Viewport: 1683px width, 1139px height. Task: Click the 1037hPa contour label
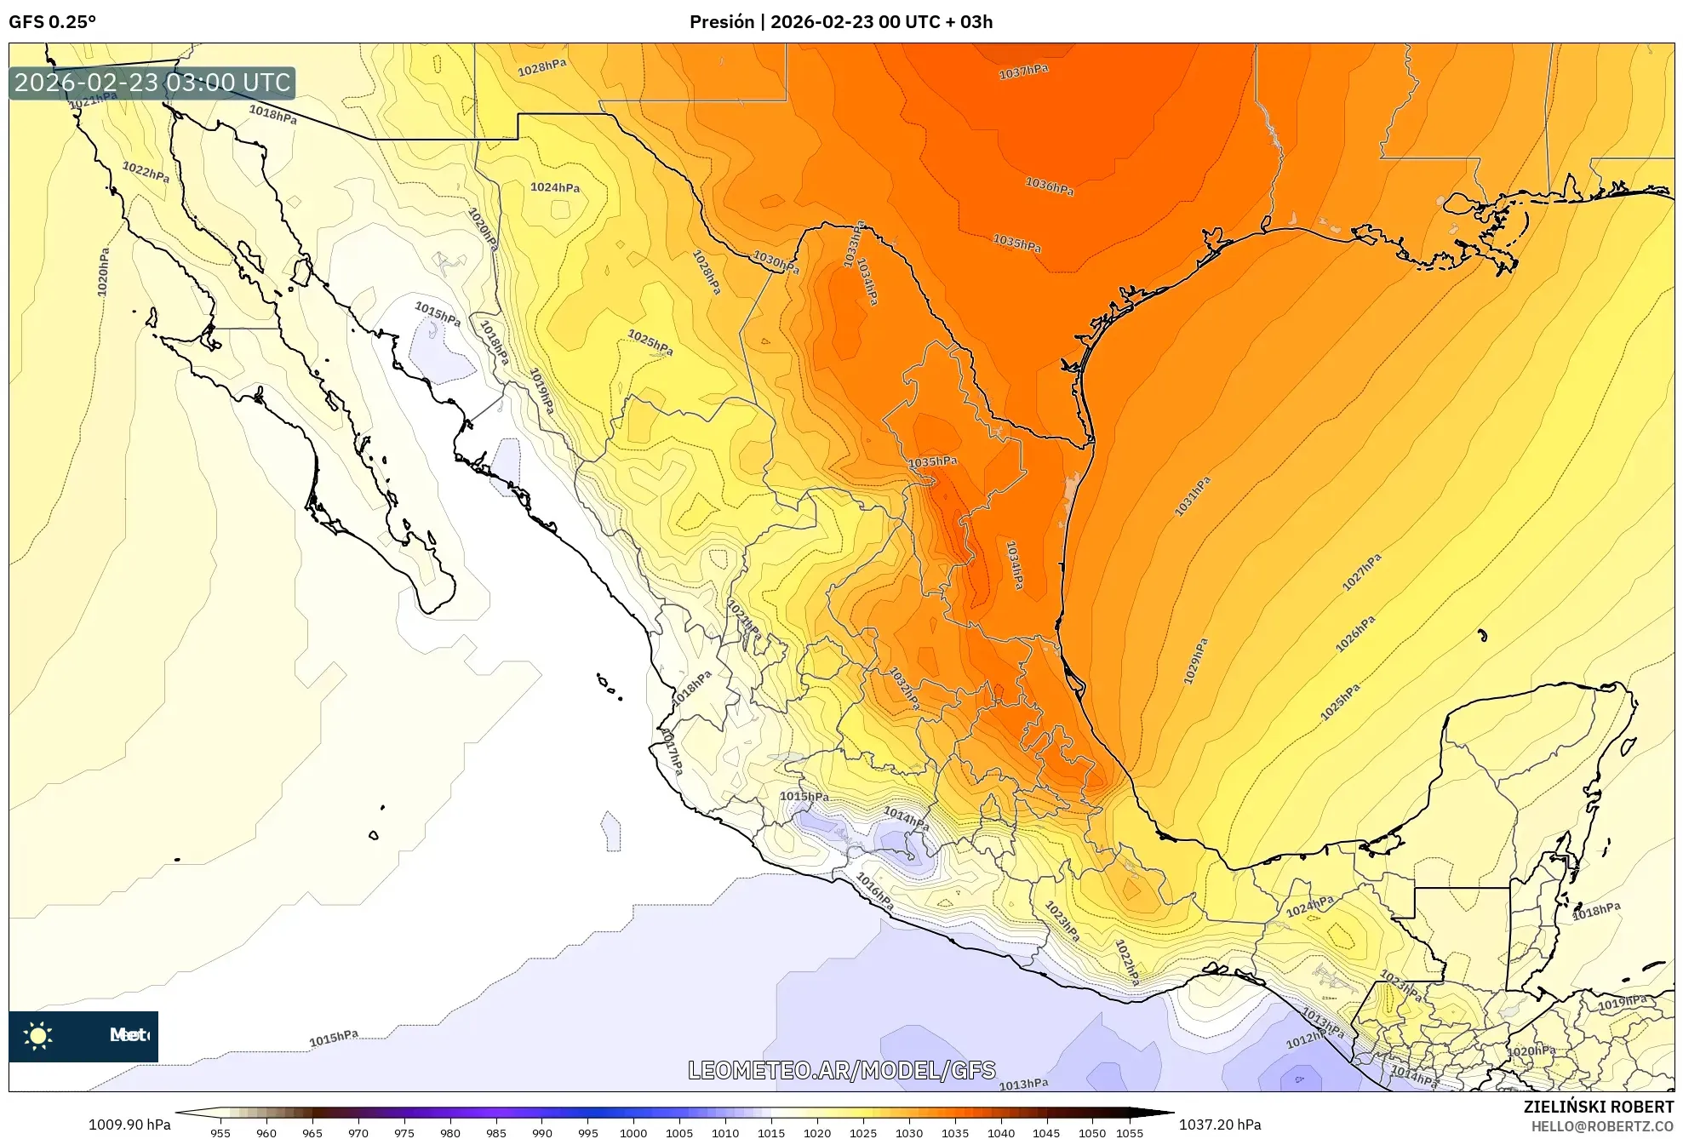click(1023, 72)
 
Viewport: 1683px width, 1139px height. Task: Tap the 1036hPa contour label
click(1049, 186)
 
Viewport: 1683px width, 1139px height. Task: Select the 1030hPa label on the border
click(776, 261)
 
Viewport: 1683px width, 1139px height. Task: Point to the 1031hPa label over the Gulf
click(1193, 497)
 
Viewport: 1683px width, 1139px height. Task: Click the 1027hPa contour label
click(1361, 572)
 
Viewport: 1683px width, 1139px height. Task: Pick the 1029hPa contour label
click(1196, 661)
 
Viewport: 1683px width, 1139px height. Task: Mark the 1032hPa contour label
click(904, 688)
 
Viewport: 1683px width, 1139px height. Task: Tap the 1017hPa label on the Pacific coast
click(672, 751)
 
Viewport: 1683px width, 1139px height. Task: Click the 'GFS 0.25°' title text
click(52, 22)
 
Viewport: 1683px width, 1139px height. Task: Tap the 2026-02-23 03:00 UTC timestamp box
click(152, 83)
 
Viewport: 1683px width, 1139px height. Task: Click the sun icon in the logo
click(38, 1036)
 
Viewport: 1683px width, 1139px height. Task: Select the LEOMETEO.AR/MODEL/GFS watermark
click(841, 1070)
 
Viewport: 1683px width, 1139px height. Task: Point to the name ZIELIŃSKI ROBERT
click(1598, 1107)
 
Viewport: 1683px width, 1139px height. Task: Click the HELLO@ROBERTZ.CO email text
click(1602, 1126)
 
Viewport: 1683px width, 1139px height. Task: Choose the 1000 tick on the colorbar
click(633, 1132)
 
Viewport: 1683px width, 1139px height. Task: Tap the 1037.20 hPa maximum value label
click(1219, 1125)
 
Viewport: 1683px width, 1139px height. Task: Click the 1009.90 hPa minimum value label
click(129, 1125)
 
